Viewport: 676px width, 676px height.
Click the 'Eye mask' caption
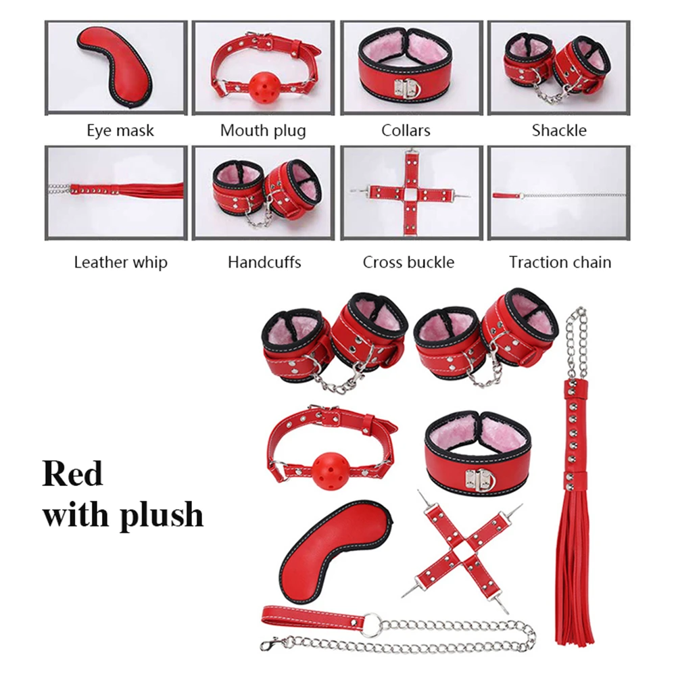pos(120,130)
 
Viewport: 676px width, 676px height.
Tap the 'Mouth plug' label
pos(263,130)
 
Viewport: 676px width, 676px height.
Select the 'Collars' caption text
pos(406,130)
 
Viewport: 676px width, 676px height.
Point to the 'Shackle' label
pos(559,130)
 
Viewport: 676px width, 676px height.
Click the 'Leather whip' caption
pos(121,262)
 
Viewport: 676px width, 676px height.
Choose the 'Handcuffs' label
pos(264,262)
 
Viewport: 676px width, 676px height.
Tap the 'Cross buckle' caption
pos(408,262)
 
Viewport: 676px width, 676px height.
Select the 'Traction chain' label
pos(560,262)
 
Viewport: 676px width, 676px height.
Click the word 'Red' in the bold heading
pos(72,473)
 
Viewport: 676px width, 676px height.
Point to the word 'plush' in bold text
pos(162,516)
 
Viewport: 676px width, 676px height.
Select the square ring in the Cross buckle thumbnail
pos(410,193)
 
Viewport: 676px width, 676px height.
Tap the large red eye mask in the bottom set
pos(335,551)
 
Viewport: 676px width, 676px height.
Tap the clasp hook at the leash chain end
pos(272,644)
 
